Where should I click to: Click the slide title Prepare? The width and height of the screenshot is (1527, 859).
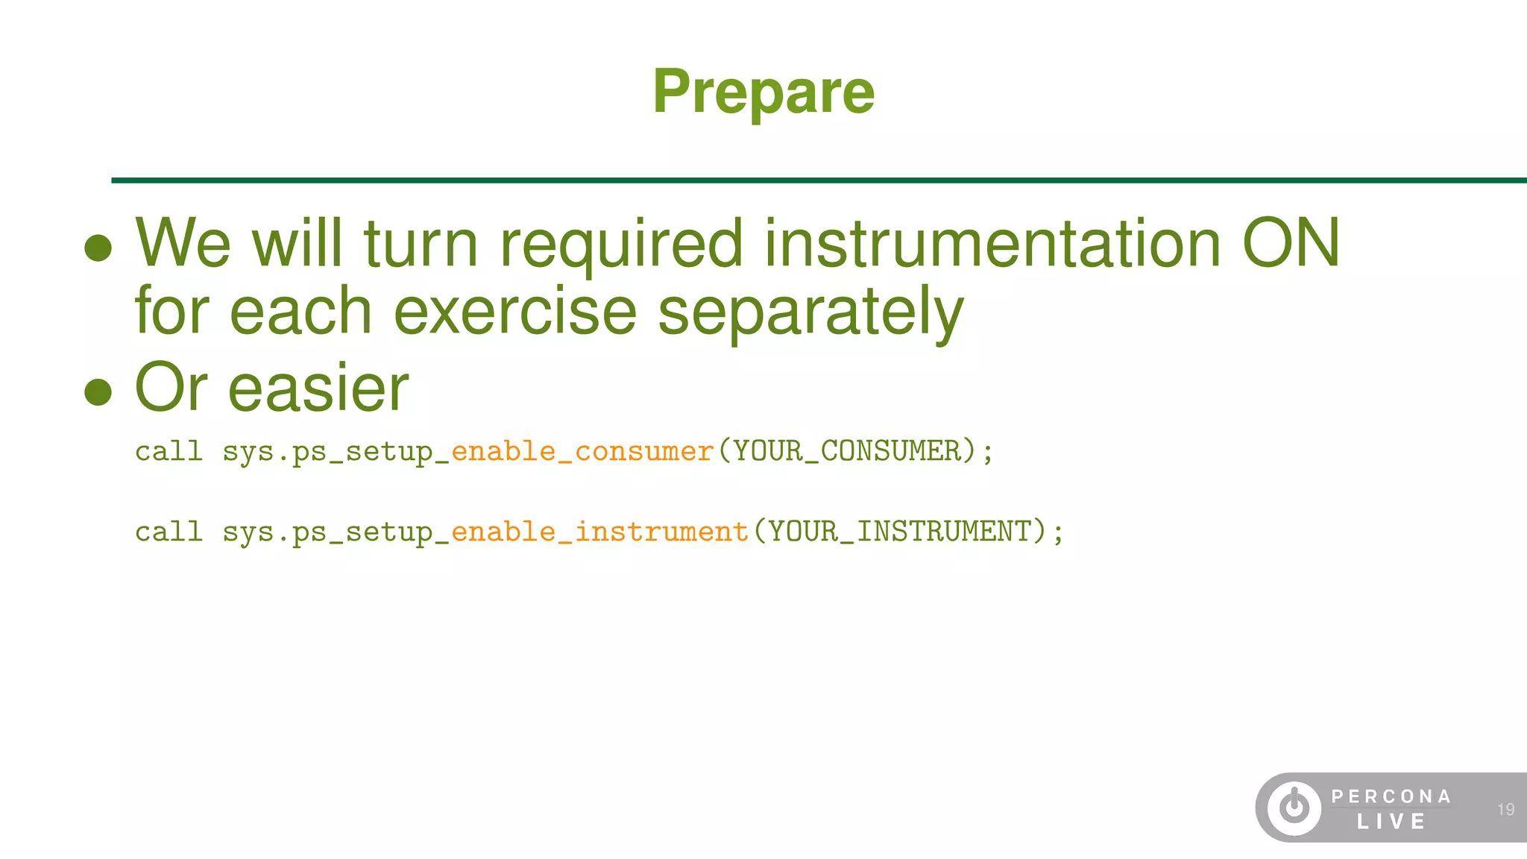point(763,92)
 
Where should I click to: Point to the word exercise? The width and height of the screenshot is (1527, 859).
point(514,312)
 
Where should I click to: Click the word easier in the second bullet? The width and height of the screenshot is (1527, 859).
point(318,388)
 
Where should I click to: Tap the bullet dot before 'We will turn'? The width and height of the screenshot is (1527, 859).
point(98,248)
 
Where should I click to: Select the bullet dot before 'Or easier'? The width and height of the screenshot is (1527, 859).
point(98,391)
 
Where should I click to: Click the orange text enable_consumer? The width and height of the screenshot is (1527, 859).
point(582,451)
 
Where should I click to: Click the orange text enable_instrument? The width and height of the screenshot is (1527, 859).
point(599,532)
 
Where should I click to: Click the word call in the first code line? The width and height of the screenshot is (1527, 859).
point(169,451)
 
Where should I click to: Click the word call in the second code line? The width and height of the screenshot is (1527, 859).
point(169,532)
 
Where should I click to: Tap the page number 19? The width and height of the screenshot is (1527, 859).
point(1505,809)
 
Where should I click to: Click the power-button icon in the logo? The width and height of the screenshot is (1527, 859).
point(1294,808)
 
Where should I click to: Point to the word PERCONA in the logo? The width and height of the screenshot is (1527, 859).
point(1391,796)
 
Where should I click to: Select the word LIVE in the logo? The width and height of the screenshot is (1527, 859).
point(1391,822)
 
